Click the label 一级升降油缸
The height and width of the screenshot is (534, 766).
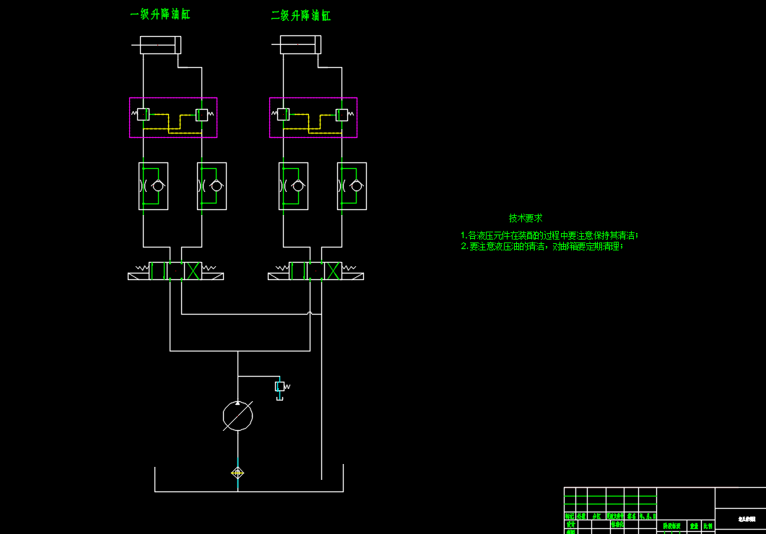click(160, 14)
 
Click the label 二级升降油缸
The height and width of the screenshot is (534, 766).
click(300, 15)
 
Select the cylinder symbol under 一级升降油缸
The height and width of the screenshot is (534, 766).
click(160, 45)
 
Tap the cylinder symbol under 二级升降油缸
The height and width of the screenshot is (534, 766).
click(300, 45)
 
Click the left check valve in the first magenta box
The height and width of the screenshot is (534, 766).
click(143, 114)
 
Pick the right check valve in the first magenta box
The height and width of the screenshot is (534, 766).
click(201, 114)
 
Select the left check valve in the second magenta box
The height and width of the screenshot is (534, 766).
click(283, 114)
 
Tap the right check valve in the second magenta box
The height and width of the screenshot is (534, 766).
click(341, 114)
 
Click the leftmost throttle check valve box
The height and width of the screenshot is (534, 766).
click(153, 186)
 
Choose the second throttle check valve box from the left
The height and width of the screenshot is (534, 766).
click(212, 186)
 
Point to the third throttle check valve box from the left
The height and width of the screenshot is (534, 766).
click(293, 186)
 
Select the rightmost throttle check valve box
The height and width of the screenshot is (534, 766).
click(352, 186)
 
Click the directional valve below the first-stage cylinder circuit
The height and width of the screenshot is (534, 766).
click(175, 271)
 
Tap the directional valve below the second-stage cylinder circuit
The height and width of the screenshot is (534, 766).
click(315, 271)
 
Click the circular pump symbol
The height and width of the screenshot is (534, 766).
click(238, 416)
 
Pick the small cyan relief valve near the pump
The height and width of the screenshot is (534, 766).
click(280, 387)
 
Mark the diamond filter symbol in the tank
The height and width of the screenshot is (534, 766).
click(238, 473)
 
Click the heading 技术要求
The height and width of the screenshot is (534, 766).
click(526, 218)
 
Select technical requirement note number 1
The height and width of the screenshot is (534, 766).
click(549, 235)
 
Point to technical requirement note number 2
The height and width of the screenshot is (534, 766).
click(541, 247)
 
